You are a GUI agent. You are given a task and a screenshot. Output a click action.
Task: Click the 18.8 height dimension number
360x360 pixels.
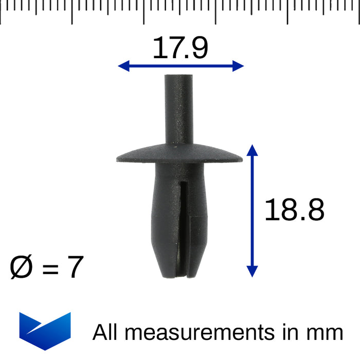point(294,210)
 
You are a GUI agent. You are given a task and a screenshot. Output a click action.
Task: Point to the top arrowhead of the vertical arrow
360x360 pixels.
point(251,150)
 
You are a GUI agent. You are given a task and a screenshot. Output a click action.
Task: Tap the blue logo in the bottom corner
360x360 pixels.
point(45,331)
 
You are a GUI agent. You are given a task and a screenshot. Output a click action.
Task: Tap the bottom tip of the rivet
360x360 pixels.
point(179,277)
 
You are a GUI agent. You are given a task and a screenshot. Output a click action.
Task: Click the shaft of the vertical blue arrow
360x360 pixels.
point(251,211)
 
